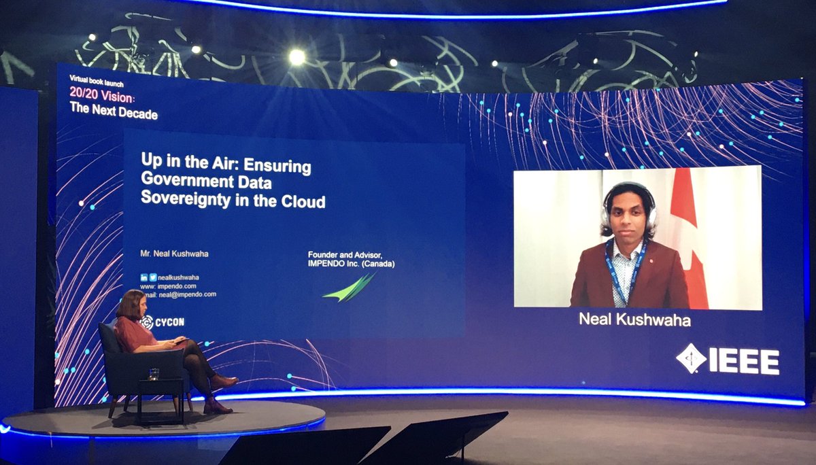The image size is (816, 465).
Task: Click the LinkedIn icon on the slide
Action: (x=144, y=277)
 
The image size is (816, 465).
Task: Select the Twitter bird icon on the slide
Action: (x=153, y=277)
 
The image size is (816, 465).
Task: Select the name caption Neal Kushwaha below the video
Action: (x=634, y=320)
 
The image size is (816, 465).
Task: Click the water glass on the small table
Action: (x=154, y=373)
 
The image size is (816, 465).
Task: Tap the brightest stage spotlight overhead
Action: (x=297, y=57)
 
